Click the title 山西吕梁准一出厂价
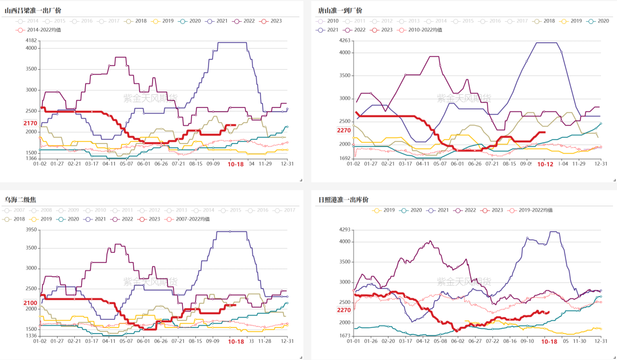[33, 10]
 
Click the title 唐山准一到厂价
[340, 10]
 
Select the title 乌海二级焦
[21, 199]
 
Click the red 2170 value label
[30, 123]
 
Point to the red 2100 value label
[30, 303]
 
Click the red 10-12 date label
[546, 165]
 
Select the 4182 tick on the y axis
[31, 41]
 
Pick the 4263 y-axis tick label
[344, 41]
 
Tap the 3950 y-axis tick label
[31, 230]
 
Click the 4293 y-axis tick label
[344, 230]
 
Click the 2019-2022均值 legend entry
[532, 210]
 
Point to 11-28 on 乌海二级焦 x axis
[265, 341]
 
